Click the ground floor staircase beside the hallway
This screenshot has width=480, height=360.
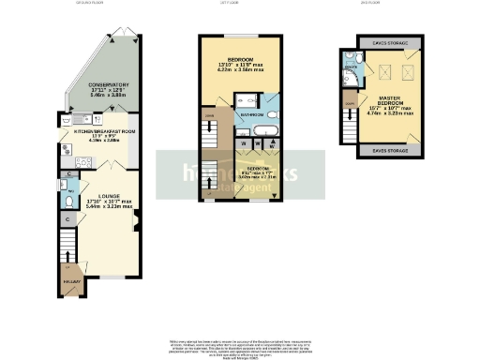[67, 252]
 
